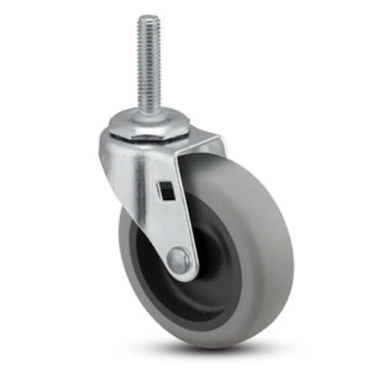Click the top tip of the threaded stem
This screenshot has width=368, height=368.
point(149,18)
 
